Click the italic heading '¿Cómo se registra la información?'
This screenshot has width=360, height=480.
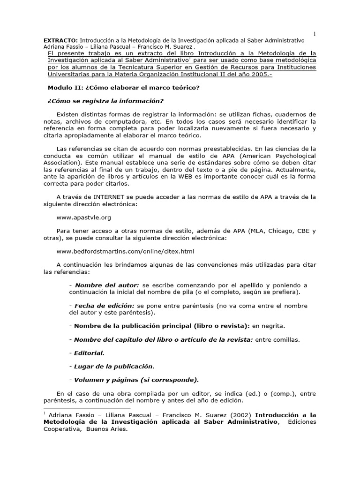[105, 101]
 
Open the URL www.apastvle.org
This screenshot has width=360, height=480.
[84, 217]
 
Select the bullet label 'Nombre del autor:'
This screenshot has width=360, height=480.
[107, 285]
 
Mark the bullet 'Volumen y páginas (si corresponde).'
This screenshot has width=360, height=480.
[136, 380]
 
